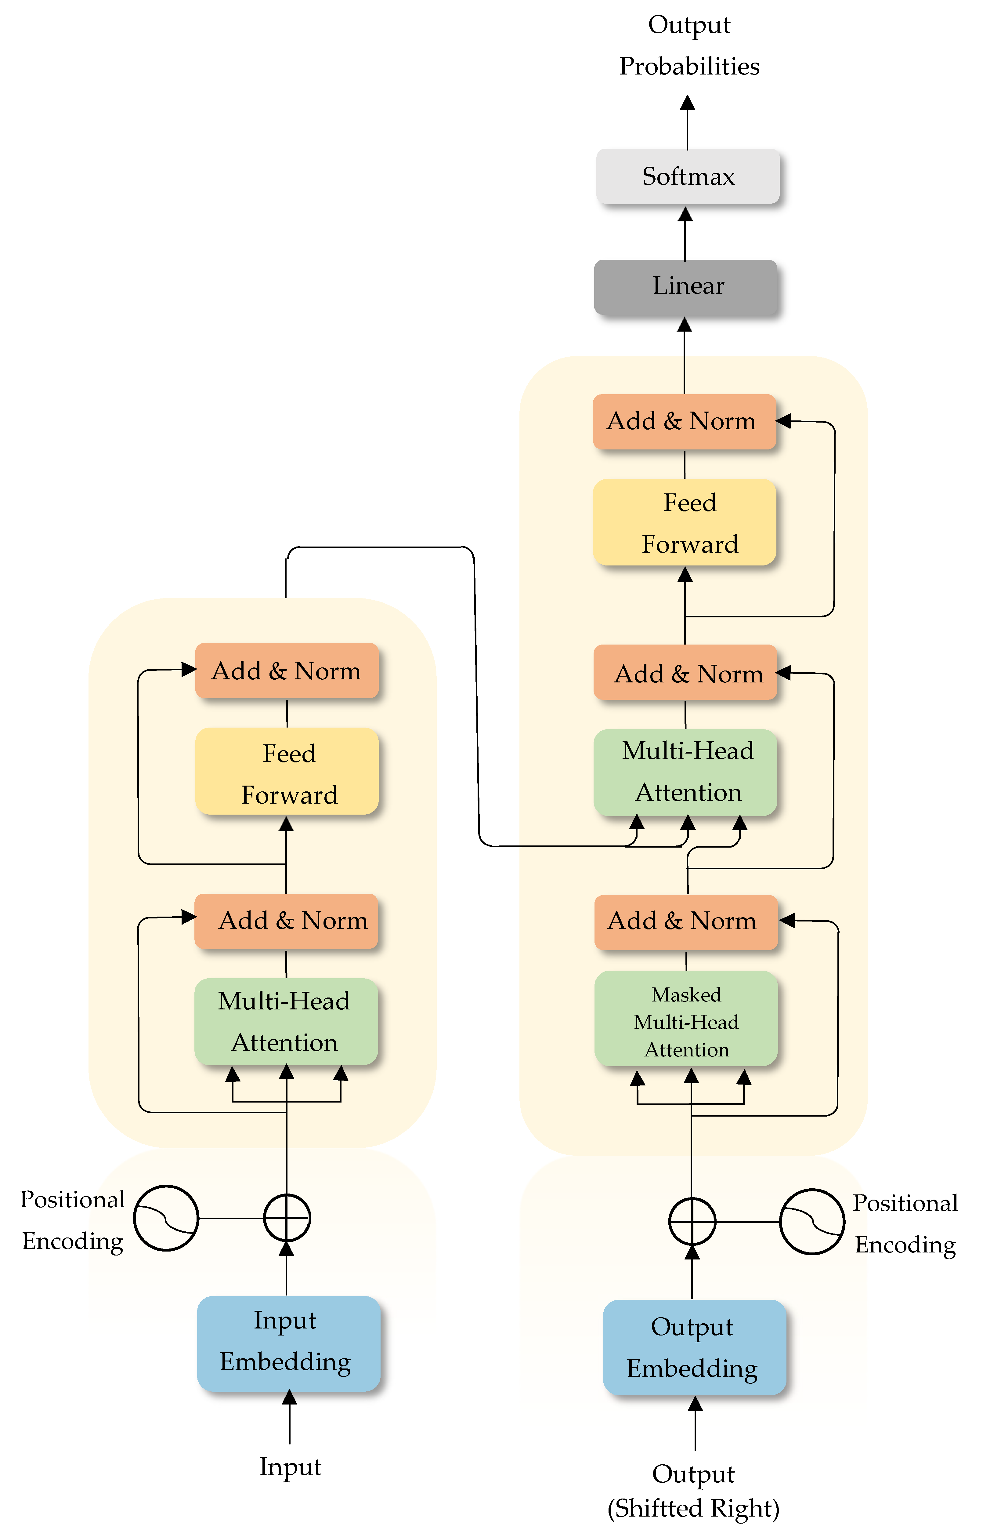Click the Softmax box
pyautogui.click(x=688, y=176)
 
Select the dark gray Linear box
pyautogui.click(x=685, y=287)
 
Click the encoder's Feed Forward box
pyautogui.click(x=287, y=771)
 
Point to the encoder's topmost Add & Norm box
pyautogui.click(x=287, y=671)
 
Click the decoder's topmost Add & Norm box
pyautogui.click(x=684, y=421)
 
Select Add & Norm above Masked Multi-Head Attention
pyautogui.click(x=685, y=921)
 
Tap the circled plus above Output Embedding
pyautogui.click(x=692, y=1221)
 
